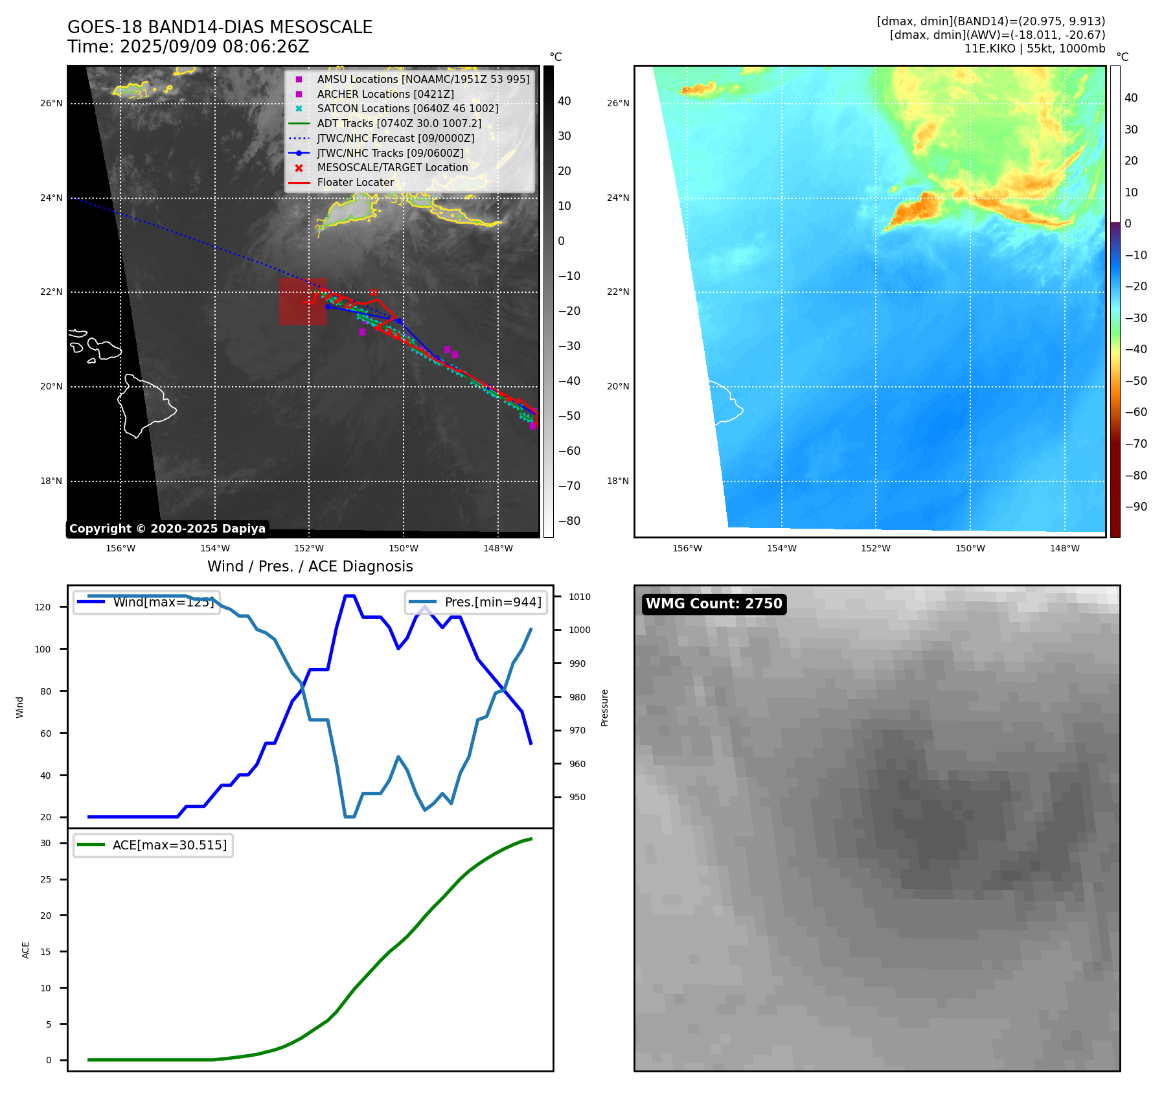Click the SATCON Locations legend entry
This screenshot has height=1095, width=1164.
click(x=407, y=108)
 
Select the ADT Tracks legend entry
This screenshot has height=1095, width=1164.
click(x=399, y=123)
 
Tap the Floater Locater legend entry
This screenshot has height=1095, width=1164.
click(x=355, y=182)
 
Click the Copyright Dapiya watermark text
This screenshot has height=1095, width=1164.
click(x=167, y=529)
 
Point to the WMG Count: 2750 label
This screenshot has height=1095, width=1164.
click(x=714, y=604)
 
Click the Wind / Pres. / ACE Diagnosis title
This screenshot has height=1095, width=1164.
click(x=310, y=566)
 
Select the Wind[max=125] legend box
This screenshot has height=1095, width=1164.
click(x=147, y=602)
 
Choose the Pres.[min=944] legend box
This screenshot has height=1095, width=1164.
click(x=476, y=602)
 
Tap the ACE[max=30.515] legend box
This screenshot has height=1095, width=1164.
click(x=153, y=845)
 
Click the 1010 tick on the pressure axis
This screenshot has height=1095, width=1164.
click(x=580, y=597)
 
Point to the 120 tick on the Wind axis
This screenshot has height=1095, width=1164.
click(x=43, y=607)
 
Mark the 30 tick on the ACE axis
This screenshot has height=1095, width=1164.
click(x=45, y=843)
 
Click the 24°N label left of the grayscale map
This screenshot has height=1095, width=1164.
click(x=51, y=198)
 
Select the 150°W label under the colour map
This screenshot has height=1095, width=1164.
click(x=970, y=548)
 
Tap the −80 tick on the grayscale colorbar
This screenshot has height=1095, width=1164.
click(x=569, y=521)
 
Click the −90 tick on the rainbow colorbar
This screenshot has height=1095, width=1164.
click(x=1135, y=507)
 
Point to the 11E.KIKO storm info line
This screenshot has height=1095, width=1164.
click(x=1034, y=49)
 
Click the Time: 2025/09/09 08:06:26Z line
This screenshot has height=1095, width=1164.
click(x=188, y=47)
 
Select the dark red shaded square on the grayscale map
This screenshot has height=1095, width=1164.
click(x=302, y=301)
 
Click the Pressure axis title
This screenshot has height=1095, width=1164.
click(x=604, y=708)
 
